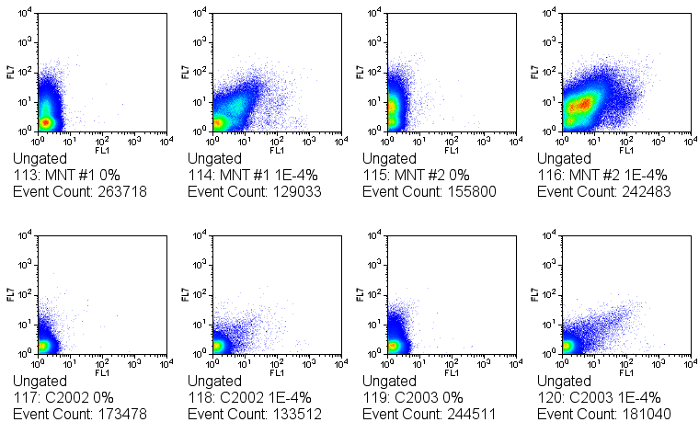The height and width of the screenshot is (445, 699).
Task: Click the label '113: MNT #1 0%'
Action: pos(66,175)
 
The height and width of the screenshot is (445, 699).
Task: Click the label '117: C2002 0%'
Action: pos(63,397)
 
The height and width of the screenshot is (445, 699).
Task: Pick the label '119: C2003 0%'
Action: pos(413,397)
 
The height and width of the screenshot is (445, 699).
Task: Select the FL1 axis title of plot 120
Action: pos(626,372)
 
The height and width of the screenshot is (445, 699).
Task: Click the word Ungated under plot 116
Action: pos(564,158)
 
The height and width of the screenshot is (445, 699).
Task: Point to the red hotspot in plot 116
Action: pos(580,106)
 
